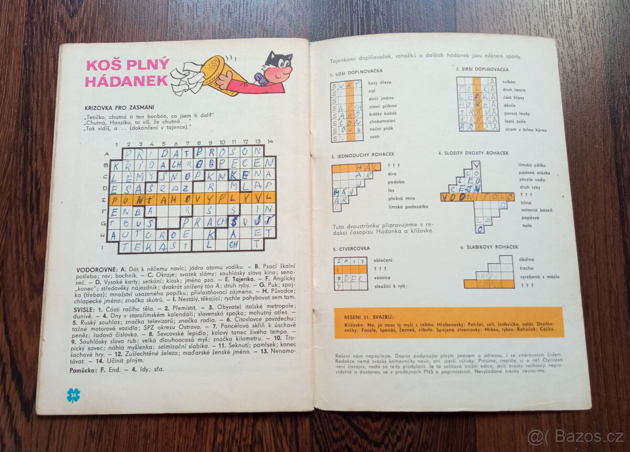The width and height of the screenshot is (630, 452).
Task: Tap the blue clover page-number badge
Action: (73, 395)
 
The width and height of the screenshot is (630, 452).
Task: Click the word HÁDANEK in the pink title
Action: (127, 81)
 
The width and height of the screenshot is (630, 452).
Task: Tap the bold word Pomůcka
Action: (83, 370)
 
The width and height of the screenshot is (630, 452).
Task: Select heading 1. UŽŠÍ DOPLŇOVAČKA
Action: (356, 71)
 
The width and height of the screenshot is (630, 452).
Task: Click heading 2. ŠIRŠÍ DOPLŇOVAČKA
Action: (482, 69)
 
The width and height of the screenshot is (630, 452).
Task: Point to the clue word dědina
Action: (526, 260)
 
